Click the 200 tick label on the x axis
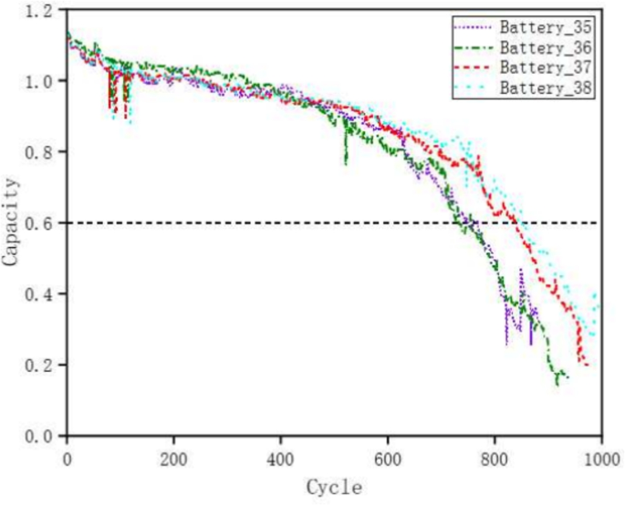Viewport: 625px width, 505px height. (x=173, y=455)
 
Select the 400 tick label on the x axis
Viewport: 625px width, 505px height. (x=280, y=455)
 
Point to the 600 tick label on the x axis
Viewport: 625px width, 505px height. (x=388, y=455)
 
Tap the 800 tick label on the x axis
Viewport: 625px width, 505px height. (x=495, y=455)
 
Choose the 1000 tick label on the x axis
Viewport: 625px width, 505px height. (x=599, y=455)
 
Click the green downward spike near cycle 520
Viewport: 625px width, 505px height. (x=345, y=162)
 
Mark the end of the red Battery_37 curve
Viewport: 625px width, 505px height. (x=587, y=366)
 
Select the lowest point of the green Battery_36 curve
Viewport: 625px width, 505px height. (x=557, y=384)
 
